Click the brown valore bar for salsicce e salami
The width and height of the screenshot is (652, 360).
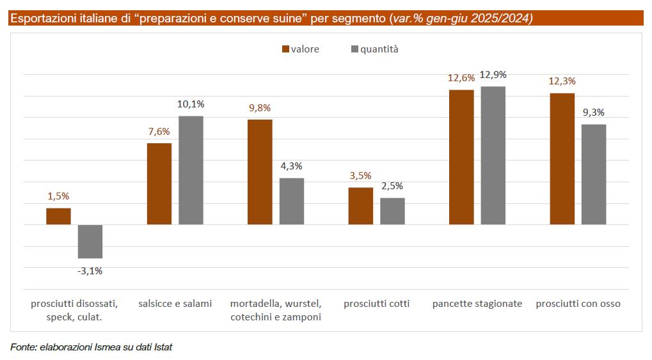pos(159,184)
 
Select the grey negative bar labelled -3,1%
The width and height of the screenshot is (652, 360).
pos(90,242)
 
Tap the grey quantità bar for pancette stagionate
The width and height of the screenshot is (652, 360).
pos(493,155)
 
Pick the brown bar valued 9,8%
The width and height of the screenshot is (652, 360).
pos(260,172)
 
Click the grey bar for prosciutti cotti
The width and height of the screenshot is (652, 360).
pos(392,211)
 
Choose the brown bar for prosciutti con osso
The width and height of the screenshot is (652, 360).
pos(562,159)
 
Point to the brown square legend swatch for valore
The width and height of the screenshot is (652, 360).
pos(285,49)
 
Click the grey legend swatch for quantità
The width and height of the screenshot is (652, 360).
pos(354,49)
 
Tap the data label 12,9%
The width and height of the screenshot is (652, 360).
pos(493,75)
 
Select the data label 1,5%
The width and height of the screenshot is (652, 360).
pos(58,196)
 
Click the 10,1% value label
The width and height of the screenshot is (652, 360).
pos(191,104)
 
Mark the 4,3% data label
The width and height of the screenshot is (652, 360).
pos(292,166)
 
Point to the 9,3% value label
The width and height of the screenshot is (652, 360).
pos(594,113)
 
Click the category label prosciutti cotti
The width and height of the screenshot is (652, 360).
pos(376,304)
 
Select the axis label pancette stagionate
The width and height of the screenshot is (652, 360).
pos(477,304)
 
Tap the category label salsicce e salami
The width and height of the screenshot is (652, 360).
pos(175,304)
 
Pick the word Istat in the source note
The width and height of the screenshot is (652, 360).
pos(163,347)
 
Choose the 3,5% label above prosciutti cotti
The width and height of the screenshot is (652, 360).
pos(360,176)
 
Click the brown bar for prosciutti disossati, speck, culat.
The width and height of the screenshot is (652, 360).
pos(59,216)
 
